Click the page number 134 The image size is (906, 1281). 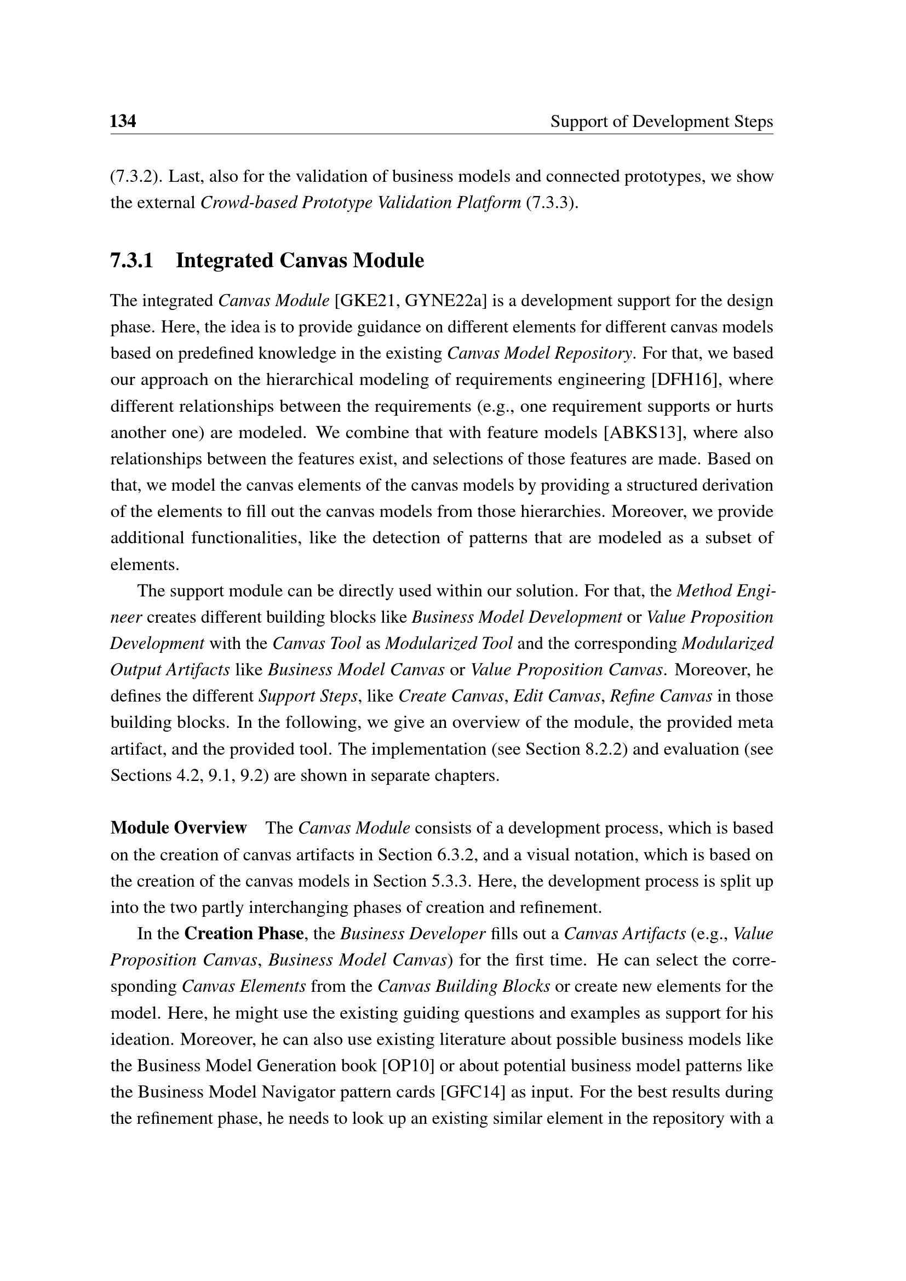coord(123,121)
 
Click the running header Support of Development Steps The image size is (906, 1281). coord(661,122)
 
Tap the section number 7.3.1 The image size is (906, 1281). coord(131,261)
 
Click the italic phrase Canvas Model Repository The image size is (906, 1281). coord(540,353)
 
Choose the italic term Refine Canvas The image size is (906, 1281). coord(661,696)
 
